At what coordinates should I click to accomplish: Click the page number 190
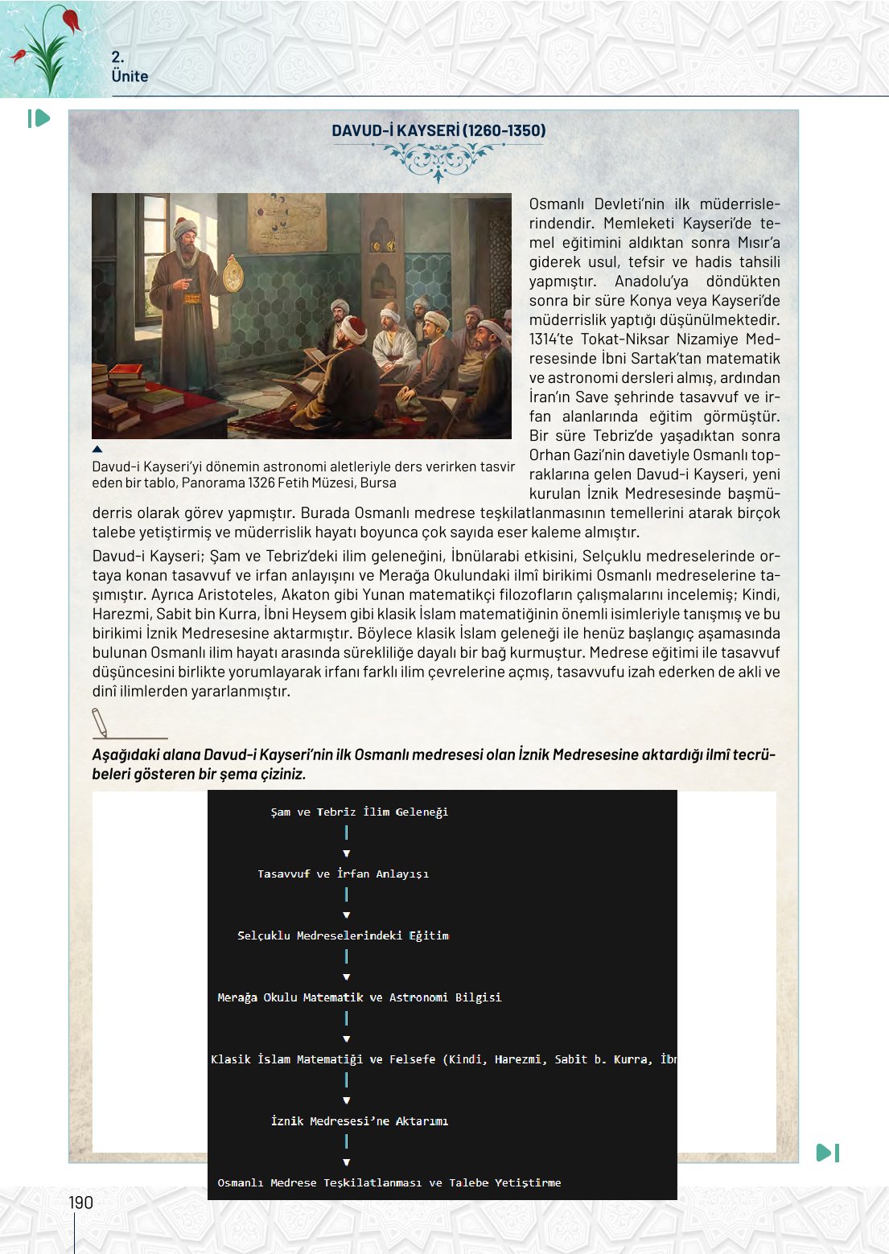pyautogui.click(x=80, y=1203)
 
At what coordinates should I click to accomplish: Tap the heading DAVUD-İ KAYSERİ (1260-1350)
pyautogui.click(x=438, y=130)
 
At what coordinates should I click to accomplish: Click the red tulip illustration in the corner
pyautogui.click(x=70, y=20)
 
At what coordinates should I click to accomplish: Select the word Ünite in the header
pyautogui.click(x=130, y=76)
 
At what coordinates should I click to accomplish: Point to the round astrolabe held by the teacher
pyautogui.click(x=233, y=274)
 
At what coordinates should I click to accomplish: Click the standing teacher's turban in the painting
pyautogui.click(x=184, y=229)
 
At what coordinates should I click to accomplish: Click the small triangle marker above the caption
pyautogui.click(x=97, y=449)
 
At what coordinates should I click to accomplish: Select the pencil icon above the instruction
pyautogui.click(x=100, y=722)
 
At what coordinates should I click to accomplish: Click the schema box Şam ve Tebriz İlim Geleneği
pyautogui.click(x=359, y=812)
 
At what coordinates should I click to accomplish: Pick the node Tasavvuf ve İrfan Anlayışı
pyautogui.click(x=343, y=874)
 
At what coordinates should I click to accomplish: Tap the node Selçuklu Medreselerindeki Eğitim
pyautogui.click(x=343, y=935)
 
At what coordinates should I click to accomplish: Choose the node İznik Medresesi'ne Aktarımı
pyautogui.click(x=359, y=1121)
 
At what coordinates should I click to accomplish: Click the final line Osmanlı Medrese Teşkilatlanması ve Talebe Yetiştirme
pyautogui.click(x=389, y=1183)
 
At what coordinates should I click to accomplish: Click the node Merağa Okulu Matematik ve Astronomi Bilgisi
pyautogui.click(x=359, y=997)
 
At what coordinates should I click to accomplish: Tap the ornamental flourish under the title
pyautogui.click(x=438, y=161)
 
